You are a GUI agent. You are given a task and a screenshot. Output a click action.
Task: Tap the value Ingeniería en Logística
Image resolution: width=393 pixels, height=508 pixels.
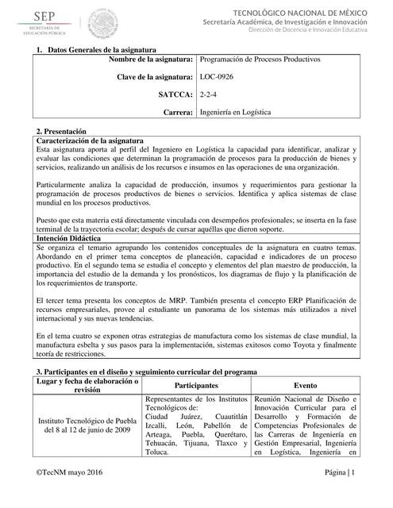pos(235,113)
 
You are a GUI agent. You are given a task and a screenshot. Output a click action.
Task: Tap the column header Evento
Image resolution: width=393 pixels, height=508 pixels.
pos(306,384)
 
